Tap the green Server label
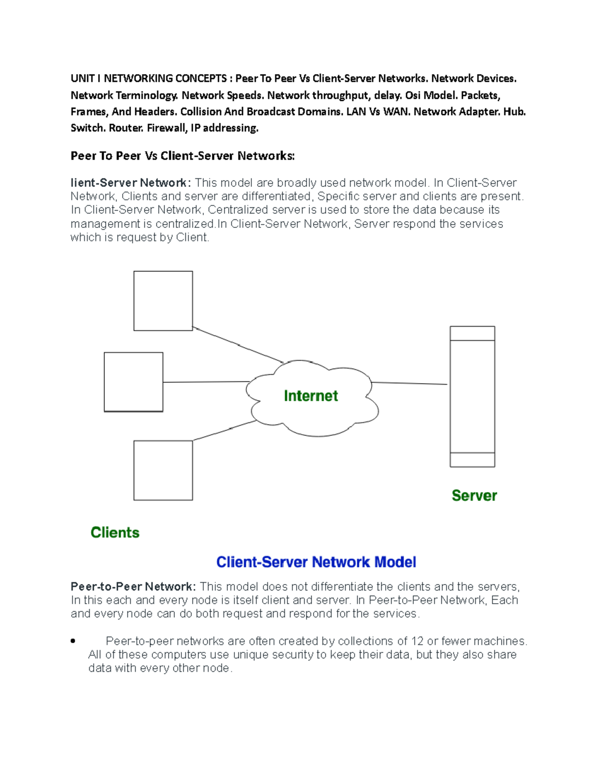474,495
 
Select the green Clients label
115,532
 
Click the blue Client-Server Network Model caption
316,562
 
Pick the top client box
163,301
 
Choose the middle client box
133,382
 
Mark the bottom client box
163,470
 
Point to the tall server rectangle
472,396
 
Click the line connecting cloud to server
409,383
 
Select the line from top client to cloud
238,345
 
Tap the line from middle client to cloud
205,382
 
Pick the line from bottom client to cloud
225,430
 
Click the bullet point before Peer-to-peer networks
73,641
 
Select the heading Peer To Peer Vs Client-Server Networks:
182,156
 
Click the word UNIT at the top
82,79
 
